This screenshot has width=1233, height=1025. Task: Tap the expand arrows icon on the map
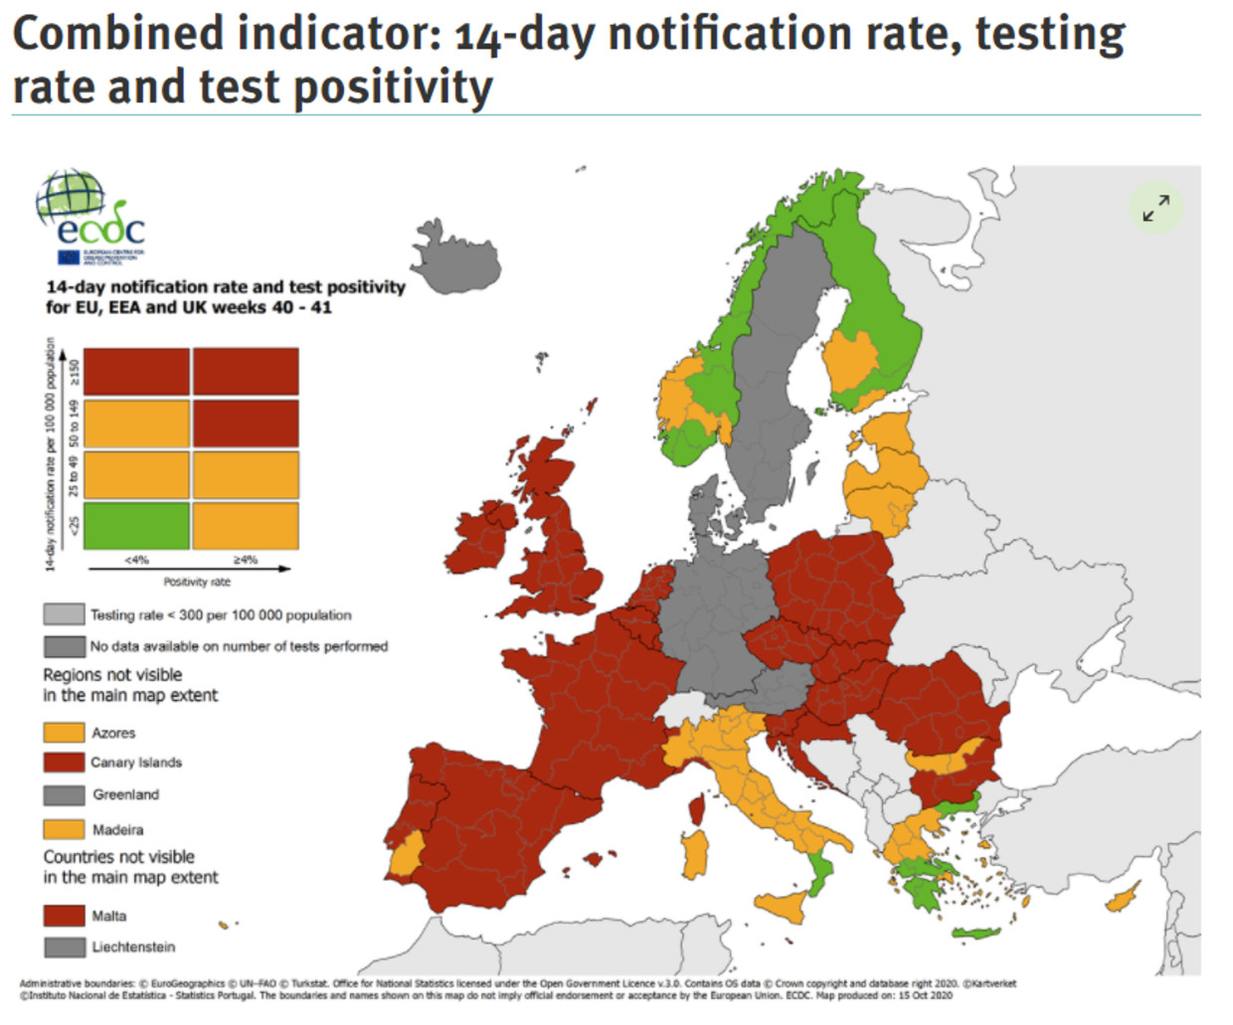[1155, 208]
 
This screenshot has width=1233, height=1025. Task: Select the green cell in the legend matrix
[136, 526]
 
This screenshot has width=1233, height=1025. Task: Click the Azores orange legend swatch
[64, 733]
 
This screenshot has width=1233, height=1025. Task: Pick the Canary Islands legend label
[136, 763]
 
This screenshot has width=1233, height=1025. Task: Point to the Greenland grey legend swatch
[64, 794]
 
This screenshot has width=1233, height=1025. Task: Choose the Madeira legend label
[117, 829]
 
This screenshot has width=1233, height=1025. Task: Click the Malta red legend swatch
[64, 916]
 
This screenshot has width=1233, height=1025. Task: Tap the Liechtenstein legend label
[133, 946]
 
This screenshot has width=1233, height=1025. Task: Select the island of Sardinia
[695, 854]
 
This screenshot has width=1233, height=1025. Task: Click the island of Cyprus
[1123, 898]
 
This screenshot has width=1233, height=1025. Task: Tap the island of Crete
[974, 933]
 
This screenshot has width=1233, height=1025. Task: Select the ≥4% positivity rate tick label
[245, 560]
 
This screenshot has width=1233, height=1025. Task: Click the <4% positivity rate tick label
[136, 560]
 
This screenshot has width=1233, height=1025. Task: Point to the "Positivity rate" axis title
[196, 582]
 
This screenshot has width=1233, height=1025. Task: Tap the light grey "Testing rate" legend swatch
[64, 614]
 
